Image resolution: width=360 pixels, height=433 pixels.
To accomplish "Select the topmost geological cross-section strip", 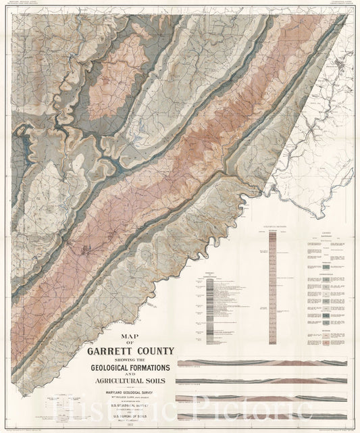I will [x=261, y=363].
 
